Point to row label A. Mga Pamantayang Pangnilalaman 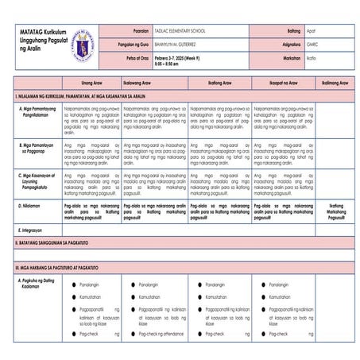click(38, 110)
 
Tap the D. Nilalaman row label click(32, 204)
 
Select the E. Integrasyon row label click(33, 229)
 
